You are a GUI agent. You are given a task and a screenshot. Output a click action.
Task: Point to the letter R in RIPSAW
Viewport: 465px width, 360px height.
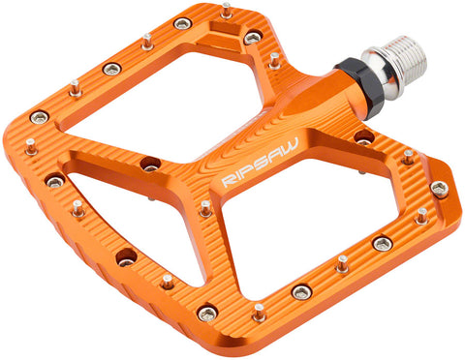pos(226,182)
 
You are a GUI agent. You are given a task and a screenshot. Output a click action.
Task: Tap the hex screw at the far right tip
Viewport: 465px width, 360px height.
pos(440,189)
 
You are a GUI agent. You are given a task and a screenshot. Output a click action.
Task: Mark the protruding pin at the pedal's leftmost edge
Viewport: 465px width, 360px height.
pos(31,145)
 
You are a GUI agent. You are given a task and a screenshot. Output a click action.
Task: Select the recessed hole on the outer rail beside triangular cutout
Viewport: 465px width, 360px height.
pos(126,258)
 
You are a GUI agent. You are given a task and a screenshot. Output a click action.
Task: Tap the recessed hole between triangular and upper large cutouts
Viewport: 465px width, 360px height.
pos(150,165)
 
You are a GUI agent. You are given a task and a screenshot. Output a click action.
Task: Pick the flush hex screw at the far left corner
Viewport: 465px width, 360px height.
pos(41,116)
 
